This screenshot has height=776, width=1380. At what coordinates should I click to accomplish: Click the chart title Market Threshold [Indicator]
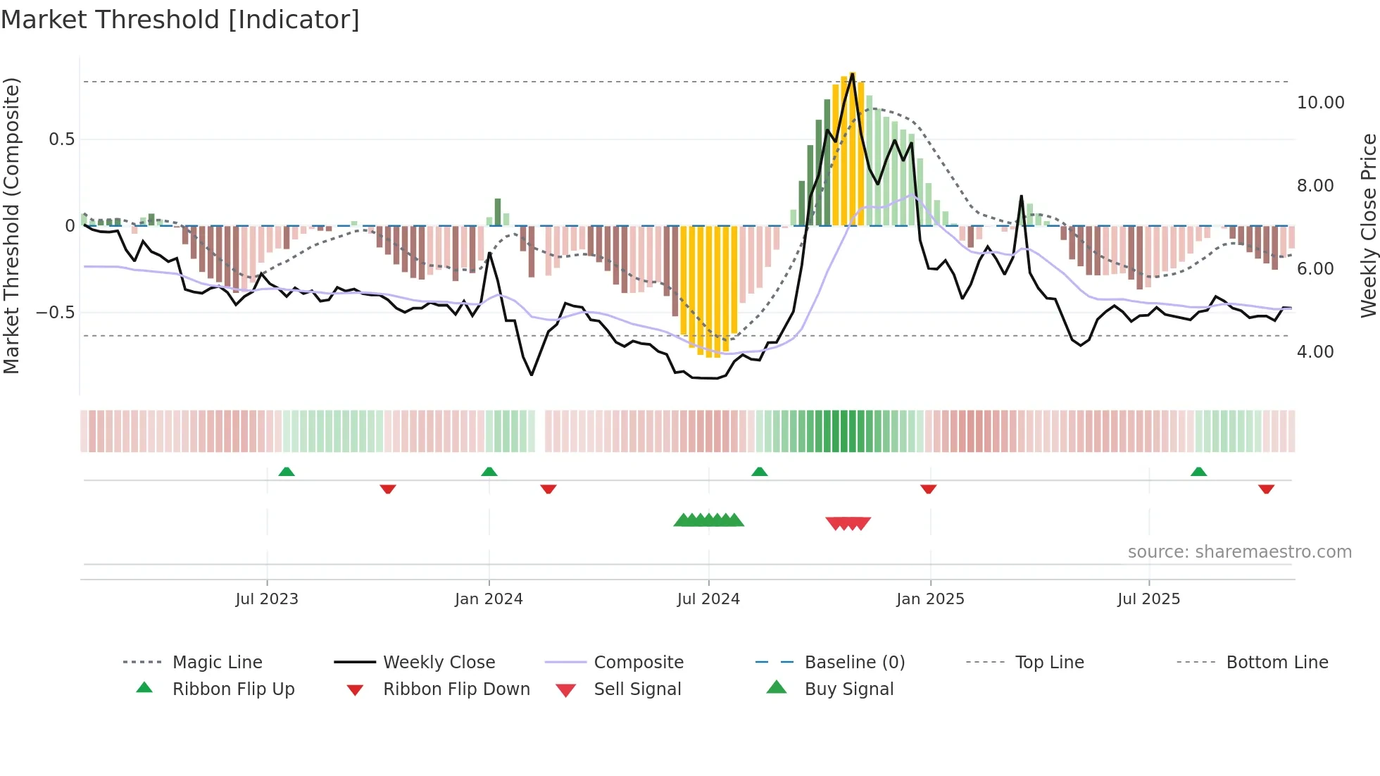[180, 20]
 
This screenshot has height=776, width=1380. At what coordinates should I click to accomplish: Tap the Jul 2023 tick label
[267, 599]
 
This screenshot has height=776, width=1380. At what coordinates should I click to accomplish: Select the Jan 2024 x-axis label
[489, 599]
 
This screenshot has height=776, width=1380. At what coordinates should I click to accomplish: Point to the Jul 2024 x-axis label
[708, 599]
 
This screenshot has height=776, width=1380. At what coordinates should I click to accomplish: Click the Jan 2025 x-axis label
[930, 599]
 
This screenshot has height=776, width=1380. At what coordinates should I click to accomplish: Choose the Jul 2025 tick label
[1148, 599]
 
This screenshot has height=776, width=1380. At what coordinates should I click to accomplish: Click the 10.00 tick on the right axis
[1320, 103]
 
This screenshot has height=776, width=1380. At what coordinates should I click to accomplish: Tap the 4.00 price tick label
[1315, 352]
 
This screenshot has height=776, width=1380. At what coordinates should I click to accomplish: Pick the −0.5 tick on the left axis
[55, 313]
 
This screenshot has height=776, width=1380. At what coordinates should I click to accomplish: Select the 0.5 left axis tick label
[61, 139]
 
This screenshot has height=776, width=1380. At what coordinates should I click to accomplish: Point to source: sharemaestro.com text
[1239, 552]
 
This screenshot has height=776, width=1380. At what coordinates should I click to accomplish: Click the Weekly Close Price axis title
[1368, 225]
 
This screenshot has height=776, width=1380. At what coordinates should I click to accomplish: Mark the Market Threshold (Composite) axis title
[11, 225]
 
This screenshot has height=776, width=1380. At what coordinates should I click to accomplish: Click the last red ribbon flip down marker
[1266, 489]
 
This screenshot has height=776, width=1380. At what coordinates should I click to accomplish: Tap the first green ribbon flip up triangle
[286, 472]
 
